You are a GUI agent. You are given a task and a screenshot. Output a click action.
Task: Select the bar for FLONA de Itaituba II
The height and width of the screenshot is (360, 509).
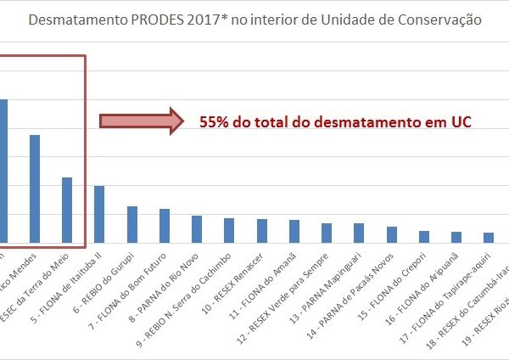tap(99, 214)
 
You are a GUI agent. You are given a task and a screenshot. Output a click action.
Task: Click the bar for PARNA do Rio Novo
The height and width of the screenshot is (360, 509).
tap(197, 229)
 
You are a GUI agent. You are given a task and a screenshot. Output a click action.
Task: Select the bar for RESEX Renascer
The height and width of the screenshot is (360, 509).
tap(262, 231)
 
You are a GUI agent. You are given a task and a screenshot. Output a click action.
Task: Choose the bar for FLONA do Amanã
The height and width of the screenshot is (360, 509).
tap(294, 231)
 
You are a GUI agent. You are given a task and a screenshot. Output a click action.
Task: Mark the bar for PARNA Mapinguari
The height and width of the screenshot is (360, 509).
tap(359, 233)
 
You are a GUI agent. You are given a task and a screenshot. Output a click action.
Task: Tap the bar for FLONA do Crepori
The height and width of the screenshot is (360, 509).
tap(424, 237)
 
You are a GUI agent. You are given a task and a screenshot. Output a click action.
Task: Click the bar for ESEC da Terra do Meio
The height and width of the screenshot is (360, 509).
tap(67, 210)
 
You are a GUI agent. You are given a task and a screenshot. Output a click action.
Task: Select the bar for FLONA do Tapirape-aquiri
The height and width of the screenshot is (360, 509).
tap(456, 237)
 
